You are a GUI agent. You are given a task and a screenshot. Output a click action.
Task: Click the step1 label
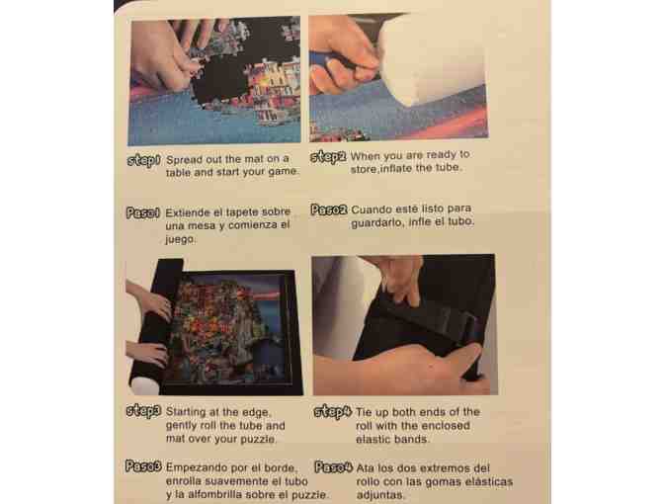[144, 161]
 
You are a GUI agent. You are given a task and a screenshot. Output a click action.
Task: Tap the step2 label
[328, 157]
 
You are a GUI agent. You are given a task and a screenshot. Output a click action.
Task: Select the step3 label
[144, 412]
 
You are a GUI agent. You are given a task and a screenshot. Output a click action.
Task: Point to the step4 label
[333, 412]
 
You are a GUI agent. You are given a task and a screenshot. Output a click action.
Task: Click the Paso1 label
[143, 212]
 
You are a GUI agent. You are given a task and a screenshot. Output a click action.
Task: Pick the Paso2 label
[329, 210]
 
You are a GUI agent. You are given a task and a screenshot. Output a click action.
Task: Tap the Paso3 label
[143, 466]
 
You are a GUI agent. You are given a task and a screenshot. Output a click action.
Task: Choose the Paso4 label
[334, 467]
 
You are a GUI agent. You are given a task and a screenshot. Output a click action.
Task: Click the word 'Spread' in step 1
[181, 160]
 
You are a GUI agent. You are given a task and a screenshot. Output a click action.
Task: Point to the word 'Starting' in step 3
[184, 412]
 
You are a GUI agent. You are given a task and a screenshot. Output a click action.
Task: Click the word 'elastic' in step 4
[372, 439]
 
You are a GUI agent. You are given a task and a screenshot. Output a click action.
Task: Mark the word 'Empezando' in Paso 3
[189, 468]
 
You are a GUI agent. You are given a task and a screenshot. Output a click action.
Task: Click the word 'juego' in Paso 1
[181, 240]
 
